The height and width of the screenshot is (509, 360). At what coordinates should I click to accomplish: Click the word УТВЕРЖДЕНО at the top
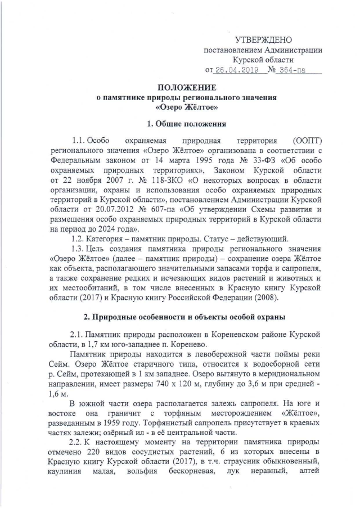[263, 40]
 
